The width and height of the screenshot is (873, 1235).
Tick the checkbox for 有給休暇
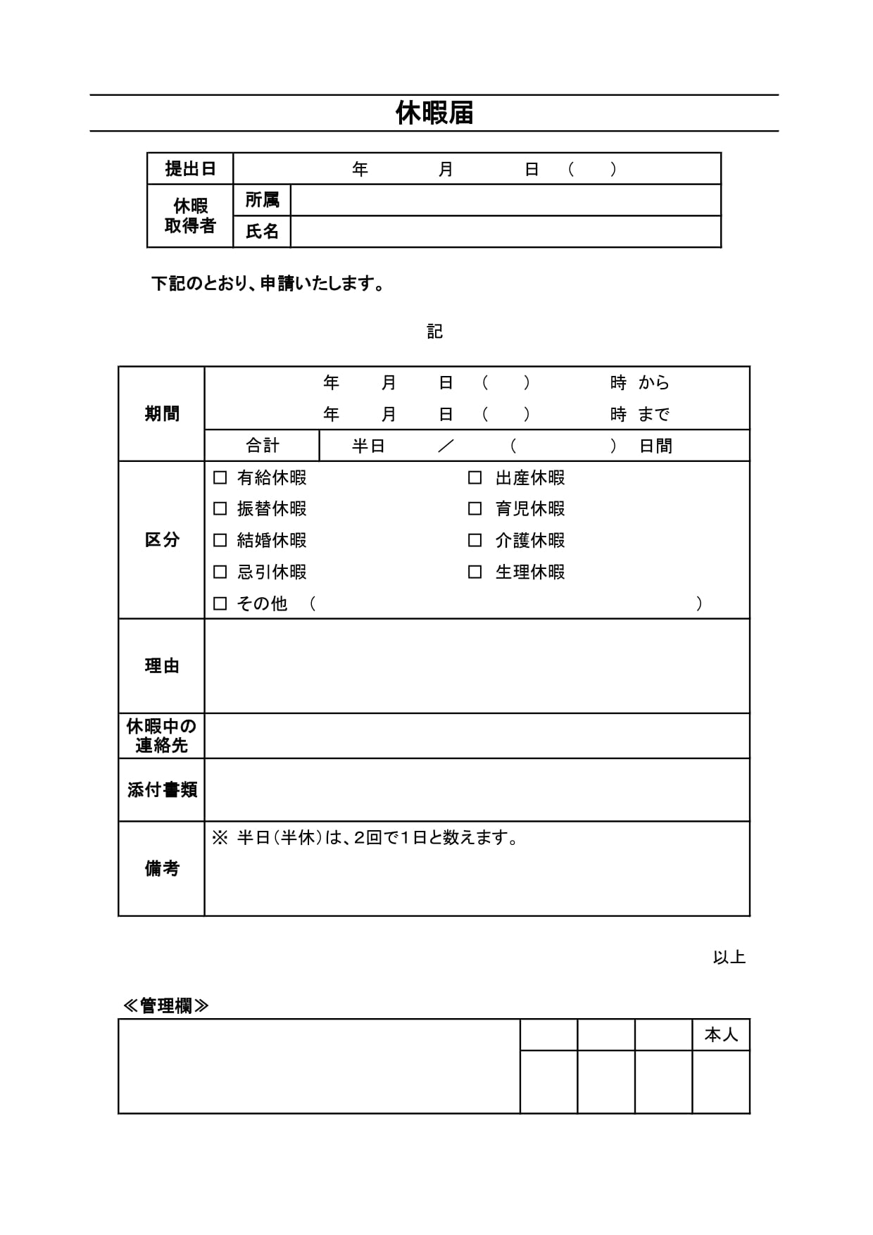pyautogui.click(x=220, y=477)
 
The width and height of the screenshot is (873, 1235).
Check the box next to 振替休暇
pyautogui.click(x=220, y=508)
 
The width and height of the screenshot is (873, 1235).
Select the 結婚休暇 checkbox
pyautogui.click(x=220, y=540)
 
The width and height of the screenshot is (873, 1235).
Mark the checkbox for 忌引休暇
pyautogui.click(x=220, y=572)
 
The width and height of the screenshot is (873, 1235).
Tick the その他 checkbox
pyautogui.click(x=220, y=603)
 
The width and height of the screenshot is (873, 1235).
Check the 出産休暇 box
pyautogui.click(x=475, y=477)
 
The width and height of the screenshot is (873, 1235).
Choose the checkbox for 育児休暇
pyautogui.click(x=475, y=508)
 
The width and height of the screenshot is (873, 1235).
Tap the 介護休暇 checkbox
pyautogui.click(x=475, y=540)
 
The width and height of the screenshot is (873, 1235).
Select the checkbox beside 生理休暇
pyautogui.click(x=475, y=572)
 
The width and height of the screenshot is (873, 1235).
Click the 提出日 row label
pyautogui.click(x=190, y=169)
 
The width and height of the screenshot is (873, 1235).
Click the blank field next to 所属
pyautogui.click(x=505, y=201)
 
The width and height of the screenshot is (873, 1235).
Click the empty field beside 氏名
pyautogui.click(x=505, y=232)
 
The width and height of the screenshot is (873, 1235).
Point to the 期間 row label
pyautogui.click(x=162, y=414)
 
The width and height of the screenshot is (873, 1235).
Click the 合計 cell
pyautogui.click(x=262, y=446)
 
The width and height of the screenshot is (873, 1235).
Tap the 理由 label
pyautogui.click(x=162, y=666)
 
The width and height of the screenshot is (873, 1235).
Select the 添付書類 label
pyautogui.click(x=162, y=790)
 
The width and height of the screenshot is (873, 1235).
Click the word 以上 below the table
pyautogui.click(x=729, y=958)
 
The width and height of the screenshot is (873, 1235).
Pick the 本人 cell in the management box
pyautogui.click(x=721, y=1035)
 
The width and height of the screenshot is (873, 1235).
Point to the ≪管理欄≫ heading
pyautogui.click(x=166, y=1005)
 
